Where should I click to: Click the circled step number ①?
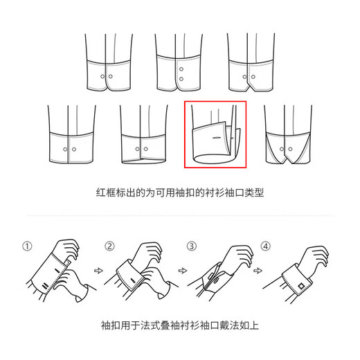coord(27,246)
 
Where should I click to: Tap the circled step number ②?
coord(109,246)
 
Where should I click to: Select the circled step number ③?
coord(192,246)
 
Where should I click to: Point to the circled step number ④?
coord(266,246)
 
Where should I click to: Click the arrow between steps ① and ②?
coord(98,270)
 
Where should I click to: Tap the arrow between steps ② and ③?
coord(183,270)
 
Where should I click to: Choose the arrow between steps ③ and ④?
coord(258,270)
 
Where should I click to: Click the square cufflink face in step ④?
coord(301,286)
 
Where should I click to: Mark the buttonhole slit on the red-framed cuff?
coord(217,138)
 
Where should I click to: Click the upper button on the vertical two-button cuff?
coord(181,69)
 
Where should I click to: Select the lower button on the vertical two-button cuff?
coord(181,79)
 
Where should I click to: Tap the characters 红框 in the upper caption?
coord(106,192)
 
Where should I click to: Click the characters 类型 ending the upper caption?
coord(254,192)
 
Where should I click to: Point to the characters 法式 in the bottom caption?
coord(150,325)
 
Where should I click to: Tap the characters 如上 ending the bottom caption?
coord(249,325)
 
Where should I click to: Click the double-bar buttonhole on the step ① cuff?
coord(45,286)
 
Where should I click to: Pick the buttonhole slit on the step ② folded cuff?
coord(133,280)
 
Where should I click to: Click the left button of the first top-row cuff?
coord(102,76)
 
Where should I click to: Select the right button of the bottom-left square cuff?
coord(74,150)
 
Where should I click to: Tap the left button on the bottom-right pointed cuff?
coord(282,149)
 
